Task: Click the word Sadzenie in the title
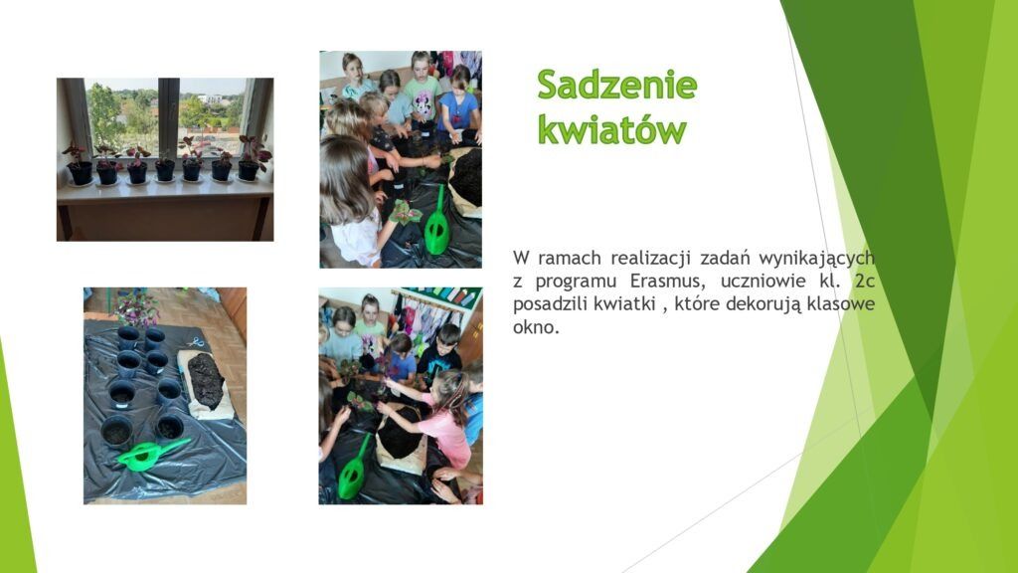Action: [616, 85]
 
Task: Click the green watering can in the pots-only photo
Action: [152, 454]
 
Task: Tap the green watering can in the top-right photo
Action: [437, 223]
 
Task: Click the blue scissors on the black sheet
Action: [196, 341]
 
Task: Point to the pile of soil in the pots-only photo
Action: [206, 381]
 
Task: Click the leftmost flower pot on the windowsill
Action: [80, 172]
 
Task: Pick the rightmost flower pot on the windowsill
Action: [249, 169]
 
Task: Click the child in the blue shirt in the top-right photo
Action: [459, 105]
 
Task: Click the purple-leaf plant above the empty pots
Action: [136, 308]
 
